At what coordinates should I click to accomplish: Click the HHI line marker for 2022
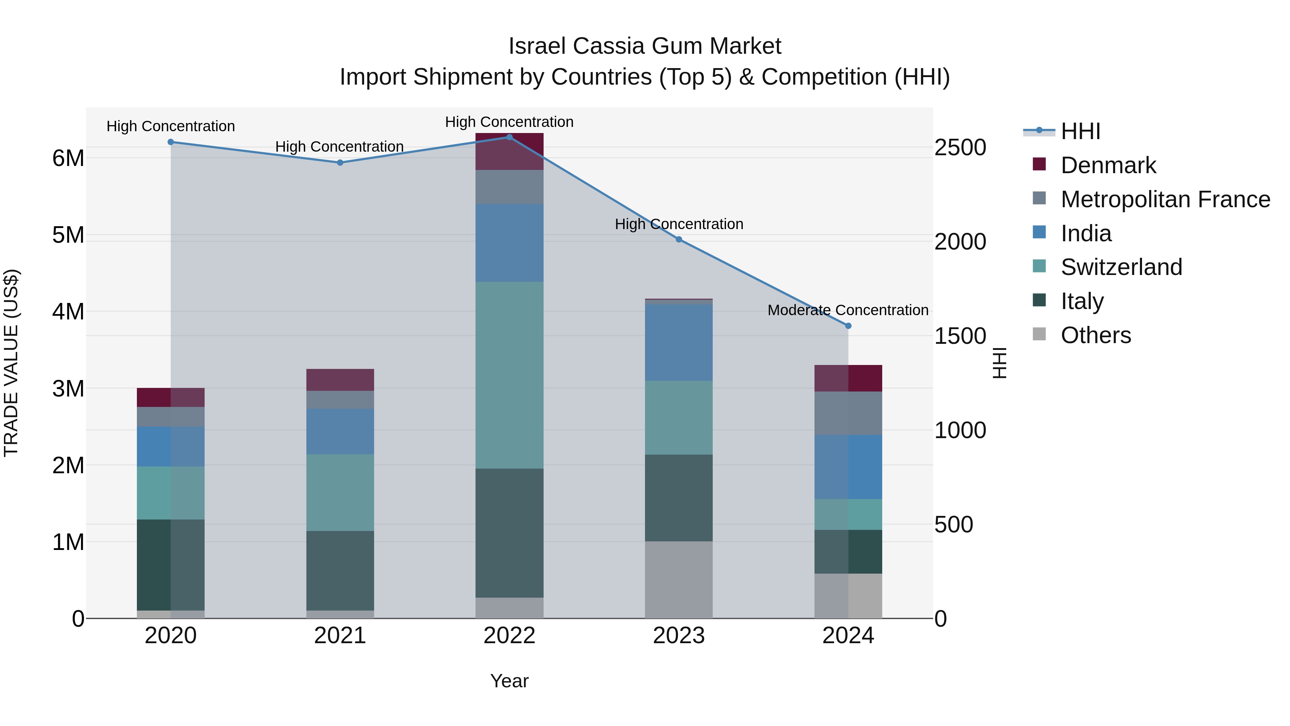(509, 137)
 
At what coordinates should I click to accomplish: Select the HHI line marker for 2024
(848, 326)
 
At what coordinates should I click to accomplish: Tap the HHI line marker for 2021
(340, 162)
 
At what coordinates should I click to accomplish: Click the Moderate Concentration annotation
(848, 310)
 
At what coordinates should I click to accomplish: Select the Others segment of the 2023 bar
(679, 579)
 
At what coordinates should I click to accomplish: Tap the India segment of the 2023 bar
(679, 342)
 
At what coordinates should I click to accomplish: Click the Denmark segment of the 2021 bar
(340, 380)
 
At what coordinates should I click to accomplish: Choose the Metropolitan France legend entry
(1165, 199)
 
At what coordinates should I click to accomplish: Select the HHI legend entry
(1080, 131)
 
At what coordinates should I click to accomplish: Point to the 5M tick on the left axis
(68, 235)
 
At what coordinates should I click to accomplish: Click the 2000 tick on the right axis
(960, 242)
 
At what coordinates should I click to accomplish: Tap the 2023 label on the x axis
(679, 636)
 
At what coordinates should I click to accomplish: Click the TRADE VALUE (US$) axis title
(11, 363)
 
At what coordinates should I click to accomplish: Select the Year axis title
(509, 681)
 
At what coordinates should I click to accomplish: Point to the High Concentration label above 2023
(679, 224)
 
